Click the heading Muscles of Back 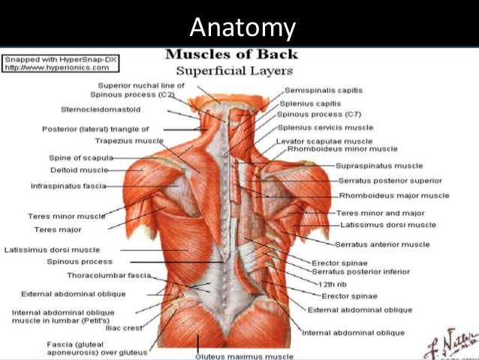coord(230,54)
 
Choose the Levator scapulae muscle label coord(324,141)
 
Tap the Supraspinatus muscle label coord(380,165)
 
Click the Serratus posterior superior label coord(389,180)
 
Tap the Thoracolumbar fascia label coord(108,275)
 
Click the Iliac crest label coord(128,328)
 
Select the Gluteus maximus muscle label coord(244,355)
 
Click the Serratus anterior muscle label coord(382,244)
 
